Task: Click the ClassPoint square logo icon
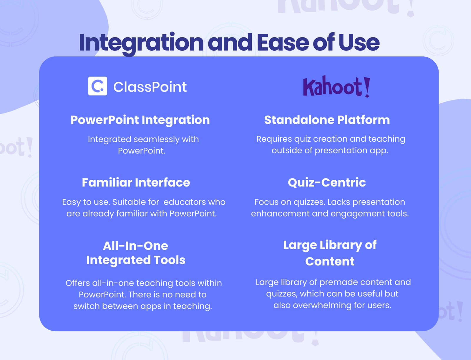coord(97,86)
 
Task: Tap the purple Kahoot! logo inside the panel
coord(336,87)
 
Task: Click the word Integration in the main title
coord(141,43)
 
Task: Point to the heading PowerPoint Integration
coord(140,120)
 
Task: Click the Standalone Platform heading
coord(327,120)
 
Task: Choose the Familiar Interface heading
coord(136,183)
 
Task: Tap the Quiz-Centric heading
coord(327,183)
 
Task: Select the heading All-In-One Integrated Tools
coord(136,253)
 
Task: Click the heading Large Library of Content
coord(330,253)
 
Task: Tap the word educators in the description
coord(185,202)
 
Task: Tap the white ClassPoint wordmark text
coord(150,87)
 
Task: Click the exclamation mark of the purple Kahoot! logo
coord(367,87)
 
